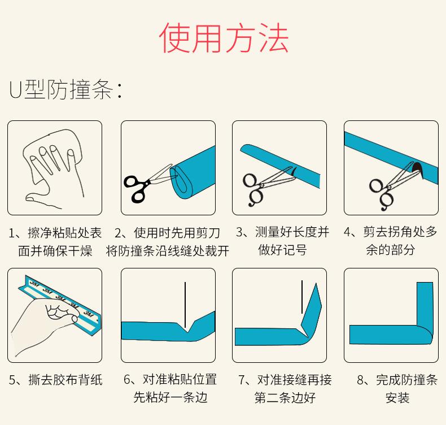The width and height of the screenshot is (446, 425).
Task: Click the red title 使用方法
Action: pos(224,37)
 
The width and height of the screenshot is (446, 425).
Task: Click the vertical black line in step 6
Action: pos(185,305)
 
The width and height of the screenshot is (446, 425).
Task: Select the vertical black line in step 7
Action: pos(302,297)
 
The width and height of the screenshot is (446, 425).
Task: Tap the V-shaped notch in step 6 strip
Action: pos(187,327)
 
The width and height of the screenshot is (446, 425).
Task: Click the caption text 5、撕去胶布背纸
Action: pos(56,380)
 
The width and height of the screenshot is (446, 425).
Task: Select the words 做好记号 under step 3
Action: pos(282,250)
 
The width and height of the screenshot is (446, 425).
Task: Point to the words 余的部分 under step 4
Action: pos(390,250)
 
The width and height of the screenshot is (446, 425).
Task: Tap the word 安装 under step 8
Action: pos(397,398)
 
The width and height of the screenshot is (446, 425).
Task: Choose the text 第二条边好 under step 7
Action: pos(285,398)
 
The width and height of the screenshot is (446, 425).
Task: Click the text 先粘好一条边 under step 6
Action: pos(170,397)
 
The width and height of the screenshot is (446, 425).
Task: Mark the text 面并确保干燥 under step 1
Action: pos(55,251)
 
